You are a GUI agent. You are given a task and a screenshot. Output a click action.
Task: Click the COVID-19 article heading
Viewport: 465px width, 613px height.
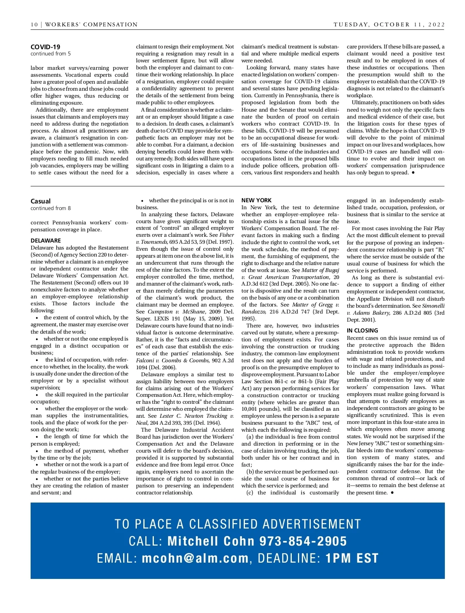45,47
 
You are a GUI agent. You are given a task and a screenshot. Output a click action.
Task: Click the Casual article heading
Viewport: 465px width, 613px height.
41,201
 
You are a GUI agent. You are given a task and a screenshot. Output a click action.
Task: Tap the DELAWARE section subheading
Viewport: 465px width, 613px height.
46,241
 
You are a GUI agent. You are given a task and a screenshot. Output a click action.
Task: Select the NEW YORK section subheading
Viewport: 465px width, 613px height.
257,200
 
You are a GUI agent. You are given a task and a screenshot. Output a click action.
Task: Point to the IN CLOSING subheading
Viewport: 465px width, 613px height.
362,331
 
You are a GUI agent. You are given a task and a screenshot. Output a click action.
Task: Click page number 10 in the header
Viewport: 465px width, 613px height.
34,24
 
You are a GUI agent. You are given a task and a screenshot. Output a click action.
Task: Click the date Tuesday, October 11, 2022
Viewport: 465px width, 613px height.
389,24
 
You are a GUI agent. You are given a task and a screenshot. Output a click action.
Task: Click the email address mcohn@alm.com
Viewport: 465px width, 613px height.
195,558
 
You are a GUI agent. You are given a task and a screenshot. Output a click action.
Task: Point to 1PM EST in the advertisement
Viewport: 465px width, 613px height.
351,558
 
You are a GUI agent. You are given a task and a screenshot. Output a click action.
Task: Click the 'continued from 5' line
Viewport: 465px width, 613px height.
51,54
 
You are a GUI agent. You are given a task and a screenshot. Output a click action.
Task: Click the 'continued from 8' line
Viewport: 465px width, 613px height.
51,208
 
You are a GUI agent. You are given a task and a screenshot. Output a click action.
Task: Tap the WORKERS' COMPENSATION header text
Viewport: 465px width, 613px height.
91,24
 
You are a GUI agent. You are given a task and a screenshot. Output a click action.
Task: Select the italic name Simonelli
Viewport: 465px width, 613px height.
433,306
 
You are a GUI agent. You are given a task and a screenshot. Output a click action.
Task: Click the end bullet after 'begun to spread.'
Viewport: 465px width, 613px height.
413,172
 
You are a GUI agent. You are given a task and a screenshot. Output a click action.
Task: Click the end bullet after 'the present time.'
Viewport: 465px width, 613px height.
393,492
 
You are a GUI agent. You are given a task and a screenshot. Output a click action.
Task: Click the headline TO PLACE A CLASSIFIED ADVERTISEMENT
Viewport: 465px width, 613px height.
238,524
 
